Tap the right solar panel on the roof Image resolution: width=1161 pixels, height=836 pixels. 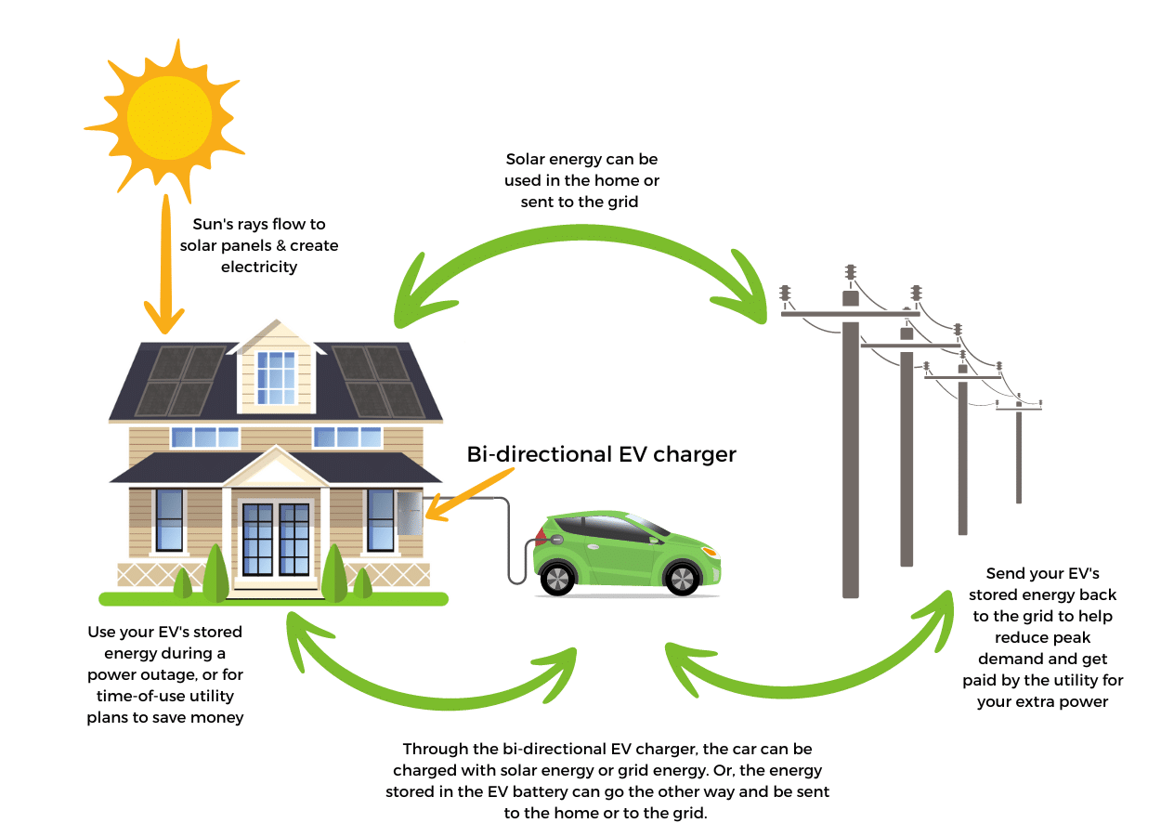click(x=377, y=381)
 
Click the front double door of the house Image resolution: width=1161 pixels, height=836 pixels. click(x=275, y=540)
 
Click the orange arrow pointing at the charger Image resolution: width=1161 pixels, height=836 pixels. click(x=469, y=492)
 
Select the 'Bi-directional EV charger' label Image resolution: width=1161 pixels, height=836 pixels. click(x=601, y=454)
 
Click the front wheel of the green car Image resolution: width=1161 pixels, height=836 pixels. click(x=682, y=579)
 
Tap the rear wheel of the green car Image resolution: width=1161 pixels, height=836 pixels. click(x=557, y=579)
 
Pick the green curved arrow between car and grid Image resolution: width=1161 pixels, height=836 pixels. click(x=808, y=673)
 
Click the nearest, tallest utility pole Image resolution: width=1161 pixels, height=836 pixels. click(x=850, y=455)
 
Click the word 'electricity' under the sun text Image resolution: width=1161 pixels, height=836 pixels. click(x=259, y=268)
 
